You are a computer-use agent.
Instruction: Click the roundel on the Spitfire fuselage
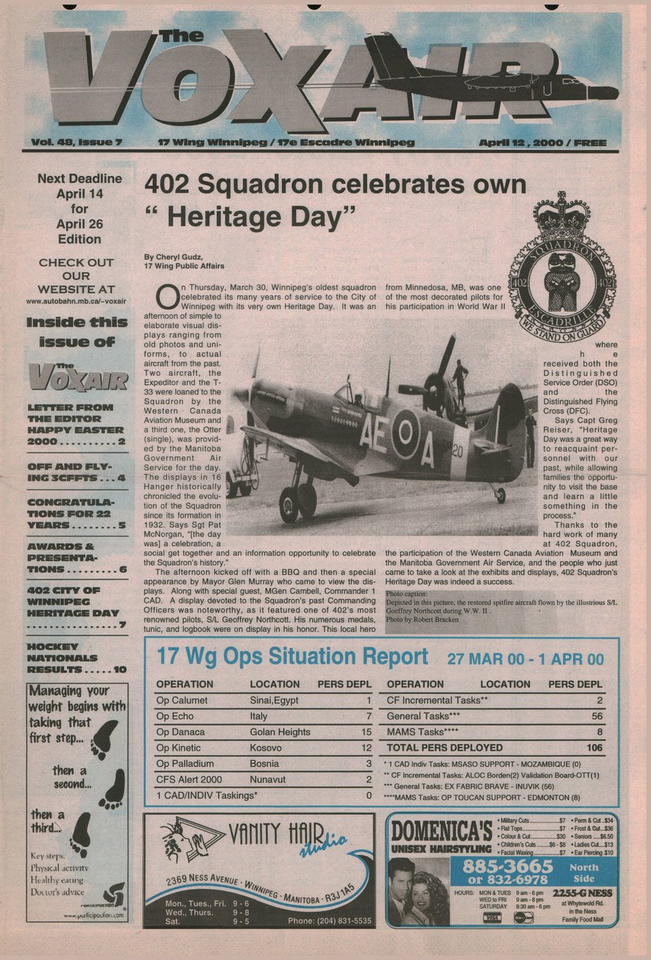405,433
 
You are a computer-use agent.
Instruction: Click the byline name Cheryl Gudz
168,257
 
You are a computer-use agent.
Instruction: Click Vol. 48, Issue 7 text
77,142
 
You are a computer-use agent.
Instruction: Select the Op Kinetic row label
178,748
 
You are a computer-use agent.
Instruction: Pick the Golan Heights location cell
280,732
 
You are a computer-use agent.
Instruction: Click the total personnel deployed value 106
595,748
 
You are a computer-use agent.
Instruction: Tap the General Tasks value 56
597,716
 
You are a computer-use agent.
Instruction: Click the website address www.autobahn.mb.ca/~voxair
76,301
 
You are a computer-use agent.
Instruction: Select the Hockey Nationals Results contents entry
76,658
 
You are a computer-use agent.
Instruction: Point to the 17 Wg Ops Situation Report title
292,657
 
